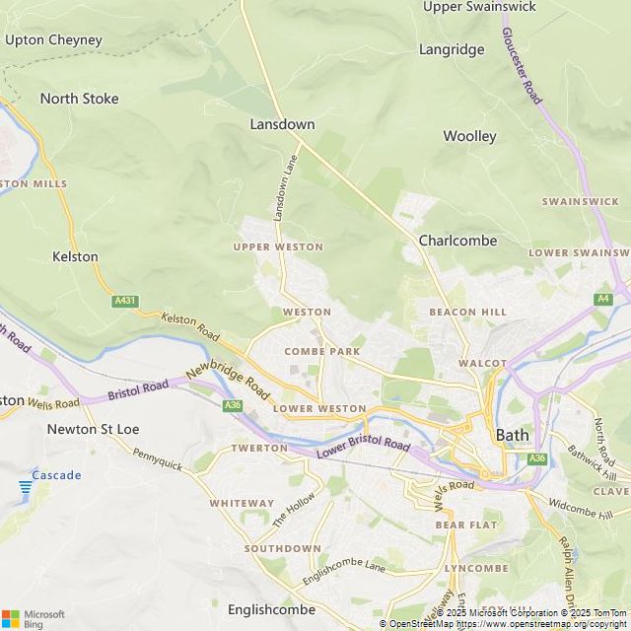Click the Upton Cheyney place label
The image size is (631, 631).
click(53, 40)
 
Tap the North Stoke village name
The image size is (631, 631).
click(79, 99)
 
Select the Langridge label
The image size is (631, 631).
click(452, 49)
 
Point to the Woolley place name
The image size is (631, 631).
click(469, 136)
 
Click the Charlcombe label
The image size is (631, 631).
click(457, 241)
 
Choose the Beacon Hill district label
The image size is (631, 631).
click(467, 312)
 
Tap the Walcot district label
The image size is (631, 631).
click(482, 363)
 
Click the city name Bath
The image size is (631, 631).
click(512, 435)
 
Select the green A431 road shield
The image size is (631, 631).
click(124, 301)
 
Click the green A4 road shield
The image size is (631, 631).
click(602, 299)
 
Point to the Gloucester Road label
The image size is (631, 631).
click(522, 65)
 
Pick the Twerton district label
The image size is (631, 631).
click(259, 448)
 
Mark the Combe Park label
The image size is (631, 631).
click(321, 351)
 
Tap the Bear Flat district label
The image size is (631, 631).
click(466, 526)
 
